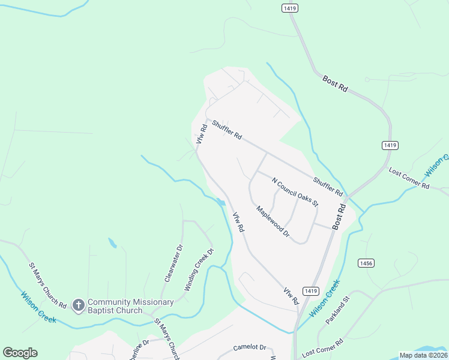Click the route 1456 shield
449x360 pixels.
coord(365,263)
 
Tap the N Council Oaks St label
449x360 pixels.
coord(295,192)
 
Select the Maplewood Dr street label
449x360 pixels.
coord(273,221)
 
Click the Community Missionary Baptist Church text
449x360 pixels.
coord(130,306)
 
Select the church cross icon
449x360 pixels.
coord(78,306)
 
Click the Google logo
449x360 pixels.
coord(20,353)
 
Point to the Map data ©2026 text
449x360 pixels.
coord(423,355)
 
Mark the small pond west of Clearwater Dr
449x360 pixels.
coord(112,243)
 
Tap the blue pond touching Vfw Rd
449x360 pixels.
coord(221,202)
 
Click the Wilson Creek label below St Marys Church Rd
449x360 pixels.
coord(38,307)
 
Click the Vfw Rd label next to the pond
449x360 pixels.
coord(239,223)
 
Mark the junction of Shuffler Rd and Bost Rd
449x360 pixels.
coord(346,197)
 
